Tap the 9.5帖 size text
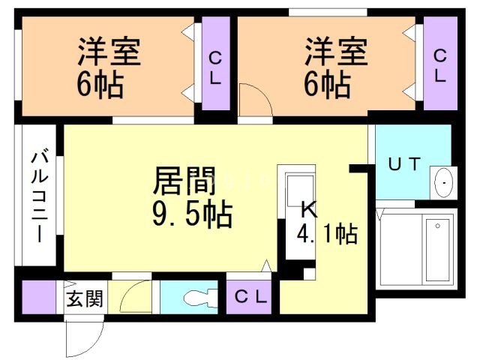(192, 215)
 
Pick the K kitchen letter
(308, 209)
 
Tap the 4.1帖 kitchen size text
(328, 234)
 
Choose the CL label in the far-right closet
(439, 65)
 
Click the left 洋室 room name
(109, 52)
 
